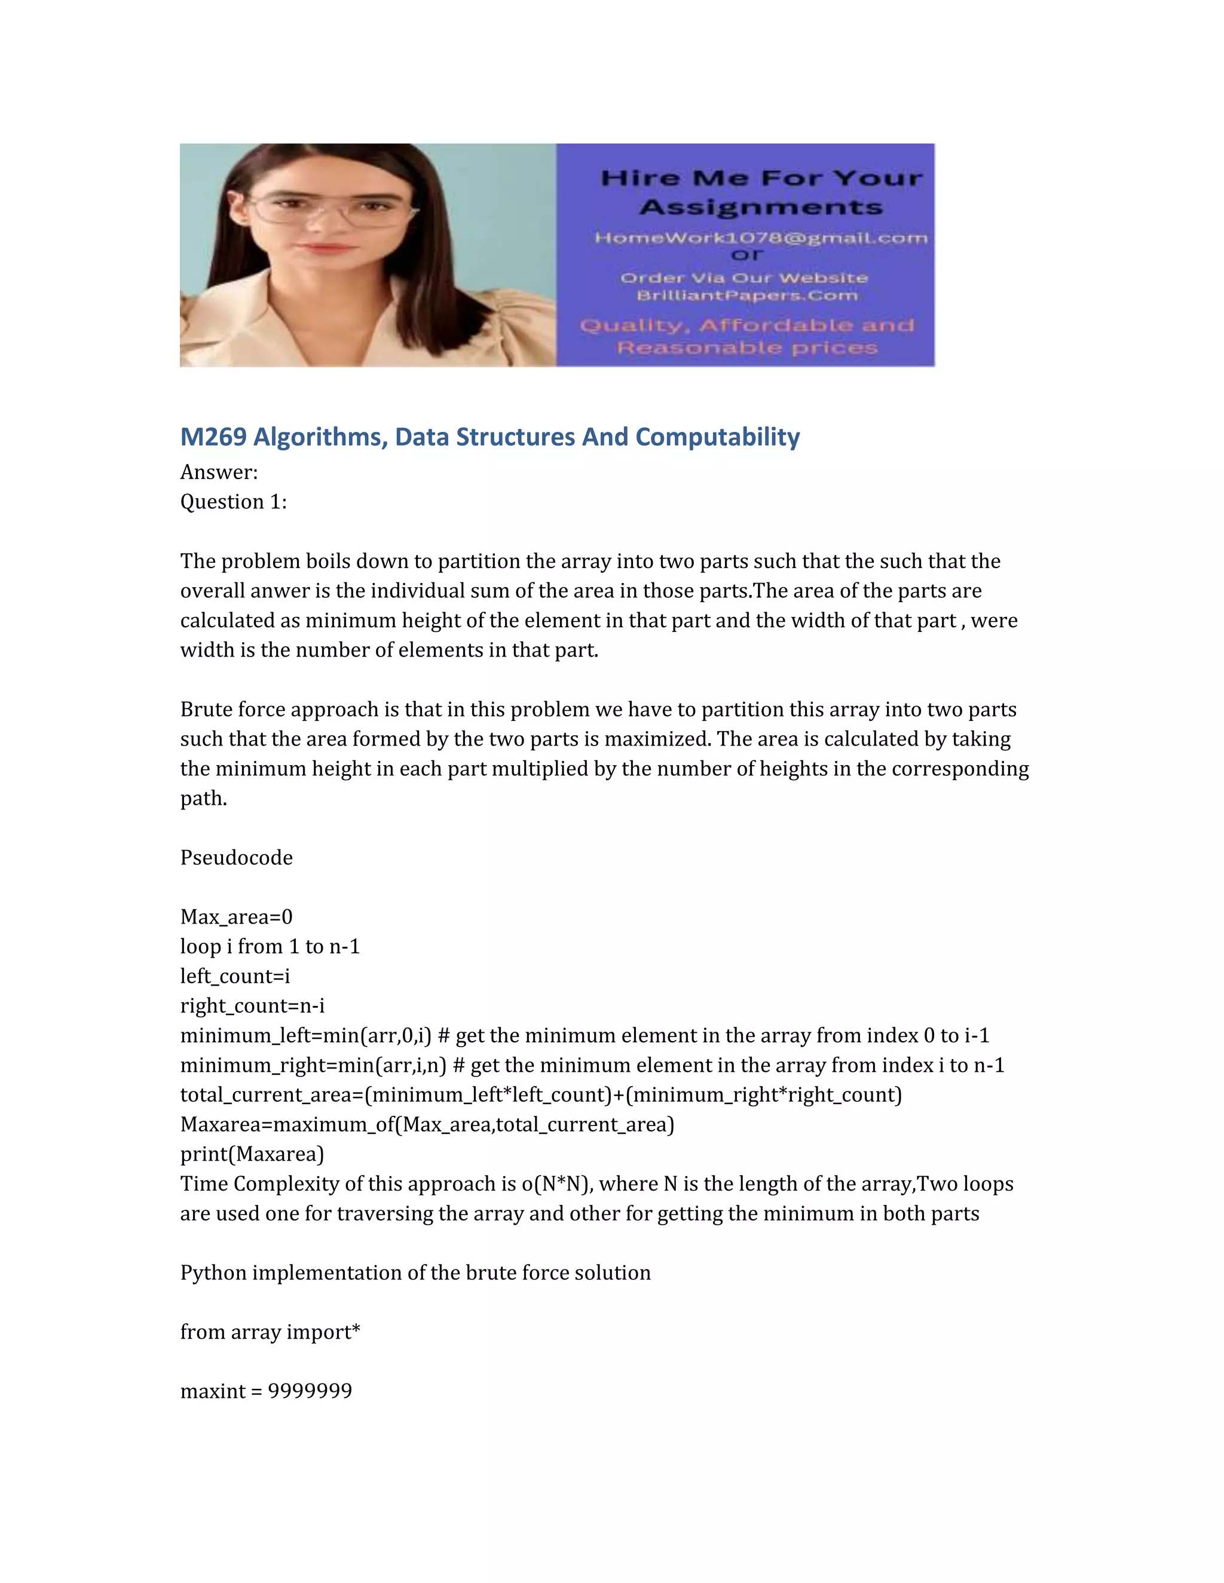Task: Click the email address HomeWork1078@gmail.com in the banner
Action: tap(761, 238)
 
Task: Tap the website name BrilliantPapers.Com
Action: tap(747, 296)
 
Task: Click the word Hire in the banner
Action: tap(639, 178)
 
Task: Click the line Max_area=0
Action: tap(237, 917)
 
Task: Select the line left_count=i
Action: tap(235, 976)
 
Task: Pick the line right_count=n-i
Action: tap(252, 1006)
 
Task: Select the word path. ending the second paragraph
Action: tap(204, 798)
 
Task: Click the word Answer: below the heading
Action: tap(219, 472)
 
